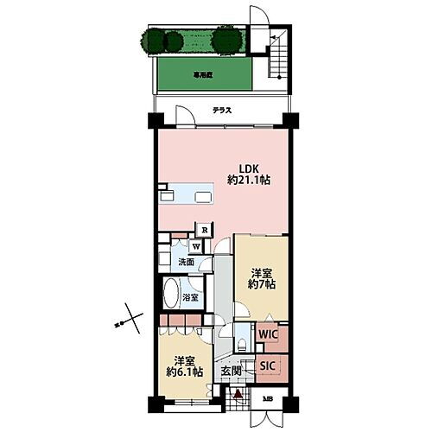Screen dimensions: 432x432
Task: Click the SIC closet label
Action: [x=269, y=365]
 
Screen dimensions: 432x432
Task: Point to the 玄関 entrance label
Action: [x=231, y=372]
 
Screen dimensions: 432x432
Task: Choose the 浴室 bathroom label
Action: [x=190, y=297]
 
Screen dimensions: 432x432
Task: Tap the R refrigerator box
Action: [x=204, y=230]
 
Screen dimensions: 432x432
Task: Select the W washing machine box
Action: [x=197, y=246]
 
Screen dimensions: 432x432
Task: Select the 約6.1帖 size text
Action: [x=185, y=372]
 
